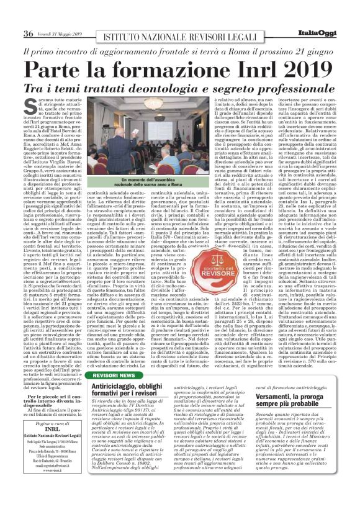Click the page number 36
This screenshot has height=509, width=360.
(28, 33)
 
